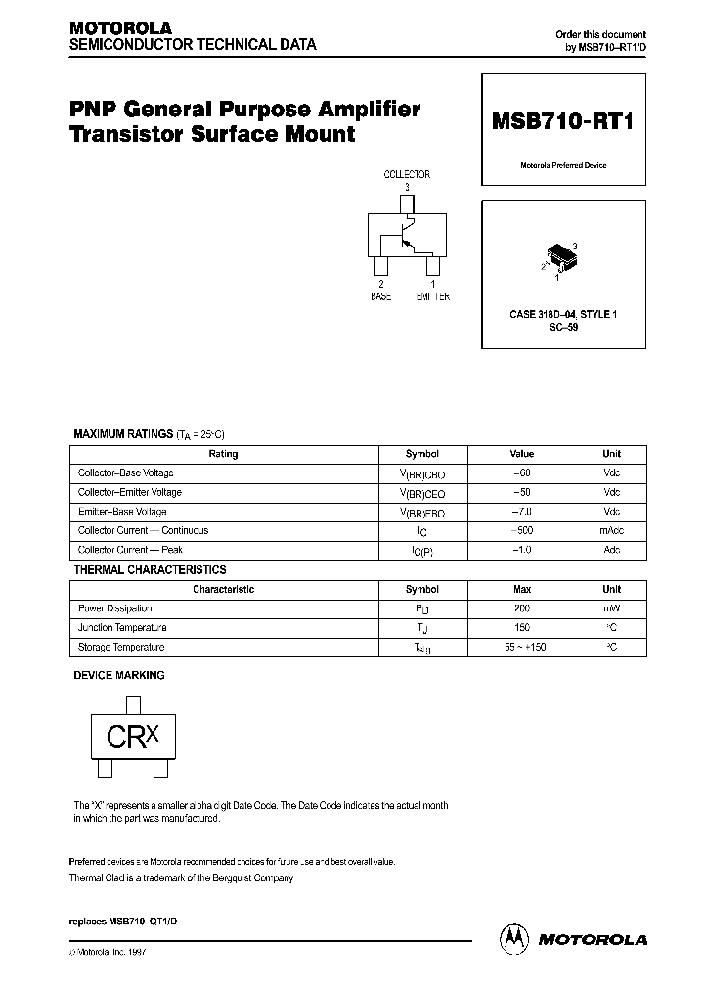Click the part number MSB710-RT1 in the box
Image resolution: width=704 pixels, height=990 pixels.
tap(563, 124)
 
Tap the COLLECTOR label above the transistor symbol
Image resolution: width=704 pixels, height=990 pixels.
tap(407, 174)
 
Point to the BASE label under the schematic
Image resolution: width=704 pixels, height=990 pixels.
tap(380, 296)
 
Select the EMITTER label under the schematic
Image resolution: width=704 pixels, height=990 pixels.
tap(433, 296)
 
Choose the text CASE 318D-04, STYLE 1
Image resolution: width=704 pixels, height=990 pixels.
tap(563, 314)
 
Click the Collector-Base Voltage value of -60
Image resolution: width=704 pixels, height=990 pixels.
tap(522, 473)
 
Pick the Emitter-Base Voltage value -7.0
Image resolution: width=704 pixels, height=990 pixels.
tap(522, 512)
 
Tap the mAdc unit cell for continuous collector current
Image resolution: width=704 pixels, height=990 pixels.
tap(612, 531)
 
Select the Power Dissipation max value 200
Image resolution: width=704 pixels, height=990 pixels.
tap(522, 608)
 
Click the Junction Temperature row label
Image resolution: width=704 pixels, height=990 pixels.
tap(122, 628)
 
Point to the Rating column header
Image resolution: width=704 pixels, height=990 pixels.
tap(224, 454)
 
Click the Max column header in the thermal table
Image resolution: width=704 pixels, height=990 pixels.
tap(522, 590)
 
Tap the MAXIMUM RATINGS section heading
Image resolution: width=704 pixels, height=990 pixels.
tap(123, 433)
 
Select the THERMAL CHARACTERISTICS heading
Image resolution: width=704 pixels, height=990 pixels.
tap(151, 569)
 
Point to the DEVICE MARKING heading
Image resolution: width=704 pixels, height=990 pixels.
tap(119, 675)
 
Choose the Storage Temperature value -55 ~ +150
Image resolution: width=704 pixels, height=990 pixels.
tap(522, 648)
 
